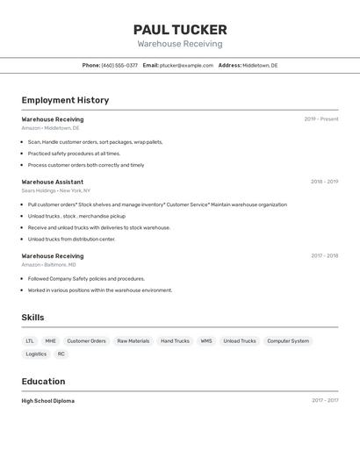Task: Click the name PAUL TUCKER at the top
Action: (180, 29)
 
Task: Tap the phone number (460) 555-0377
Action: (119, 65)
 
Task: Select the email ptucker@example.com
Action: (186, 65)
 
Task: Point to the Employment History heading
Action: (65, 100)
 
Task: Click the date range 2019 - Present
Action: (321, 119)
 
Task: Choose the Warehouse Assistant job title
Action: (53, 182)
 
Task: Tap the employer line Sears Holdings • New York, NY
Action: (56, 190)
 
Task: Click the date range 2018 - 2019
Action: (324, 182)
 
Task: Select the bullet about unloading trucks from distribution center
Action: (71, 239)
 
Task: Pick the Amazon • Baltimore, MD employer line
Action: (49, 264)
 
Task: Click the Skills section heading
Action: (33, 318)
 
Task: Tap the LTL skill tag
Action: (30, 341)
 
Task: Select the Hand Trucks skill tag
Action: (175, 341)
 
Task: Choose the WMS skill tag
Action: (206, 341)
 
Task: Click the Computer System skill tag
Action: (288, 341)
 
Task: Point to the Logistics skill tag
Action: (36, 354)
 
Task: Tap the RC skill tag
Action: (61, 354)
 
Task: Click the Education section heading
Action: (43, 382)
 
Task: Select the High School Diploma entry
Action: (48, 401)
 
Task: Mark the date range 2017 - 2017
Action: (324, 401)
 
